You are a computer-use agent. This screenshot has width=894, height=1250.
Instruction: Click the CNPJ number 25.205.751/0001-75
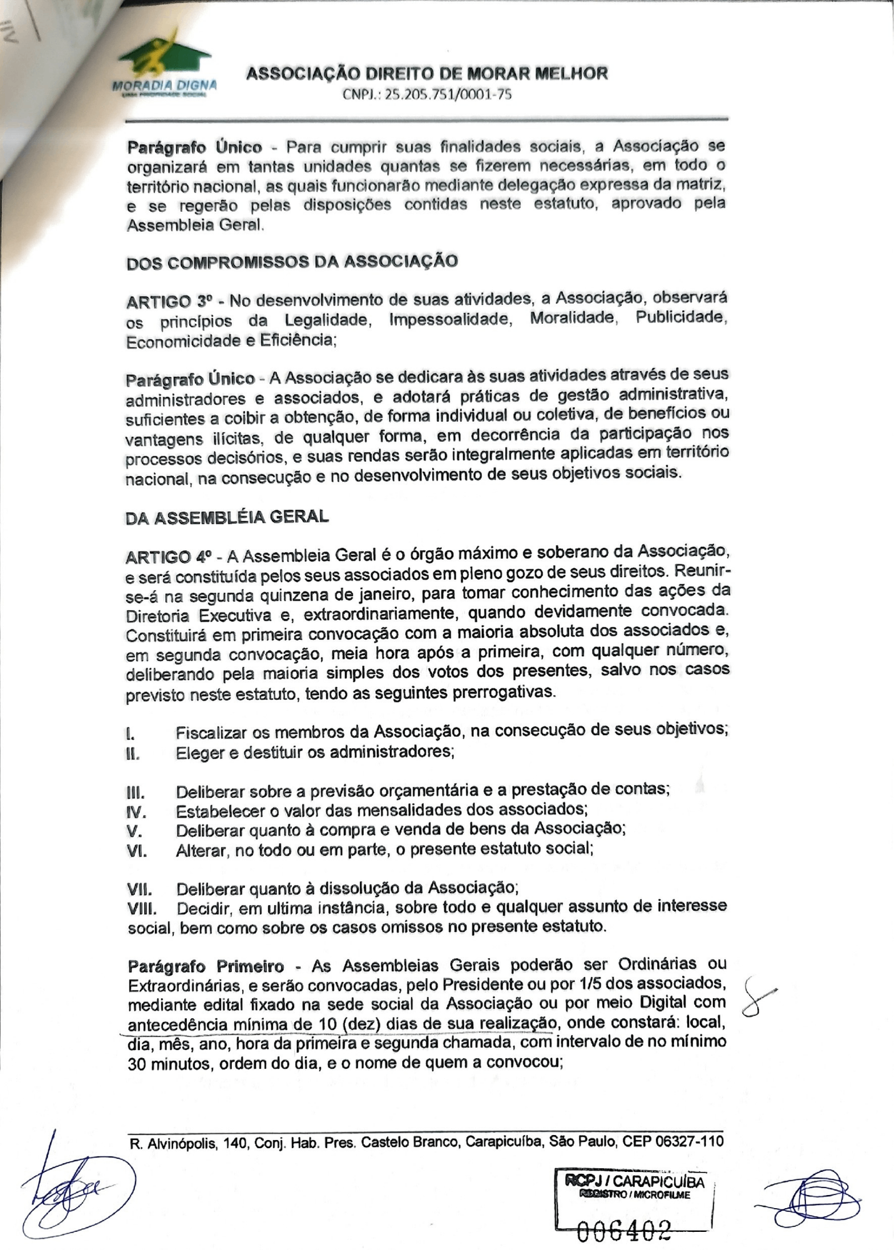point(427,96)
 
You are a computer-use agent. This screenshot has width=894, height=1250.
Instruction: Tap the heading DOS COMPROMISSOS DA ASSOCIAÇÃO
point(292,261)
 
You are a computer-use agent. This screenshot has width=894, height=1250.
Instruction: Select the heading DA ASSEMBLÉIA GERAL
point(227,517)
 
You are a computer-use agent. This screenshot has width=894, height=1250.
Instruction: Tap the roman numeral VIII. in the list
point(141,908)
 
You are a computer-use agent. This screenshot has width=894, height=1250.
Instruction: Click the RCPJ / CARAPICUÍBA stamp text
point(634,1181)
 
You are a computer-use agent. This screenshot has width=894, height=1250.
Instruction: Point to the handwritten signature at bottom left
point(75,1187)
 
